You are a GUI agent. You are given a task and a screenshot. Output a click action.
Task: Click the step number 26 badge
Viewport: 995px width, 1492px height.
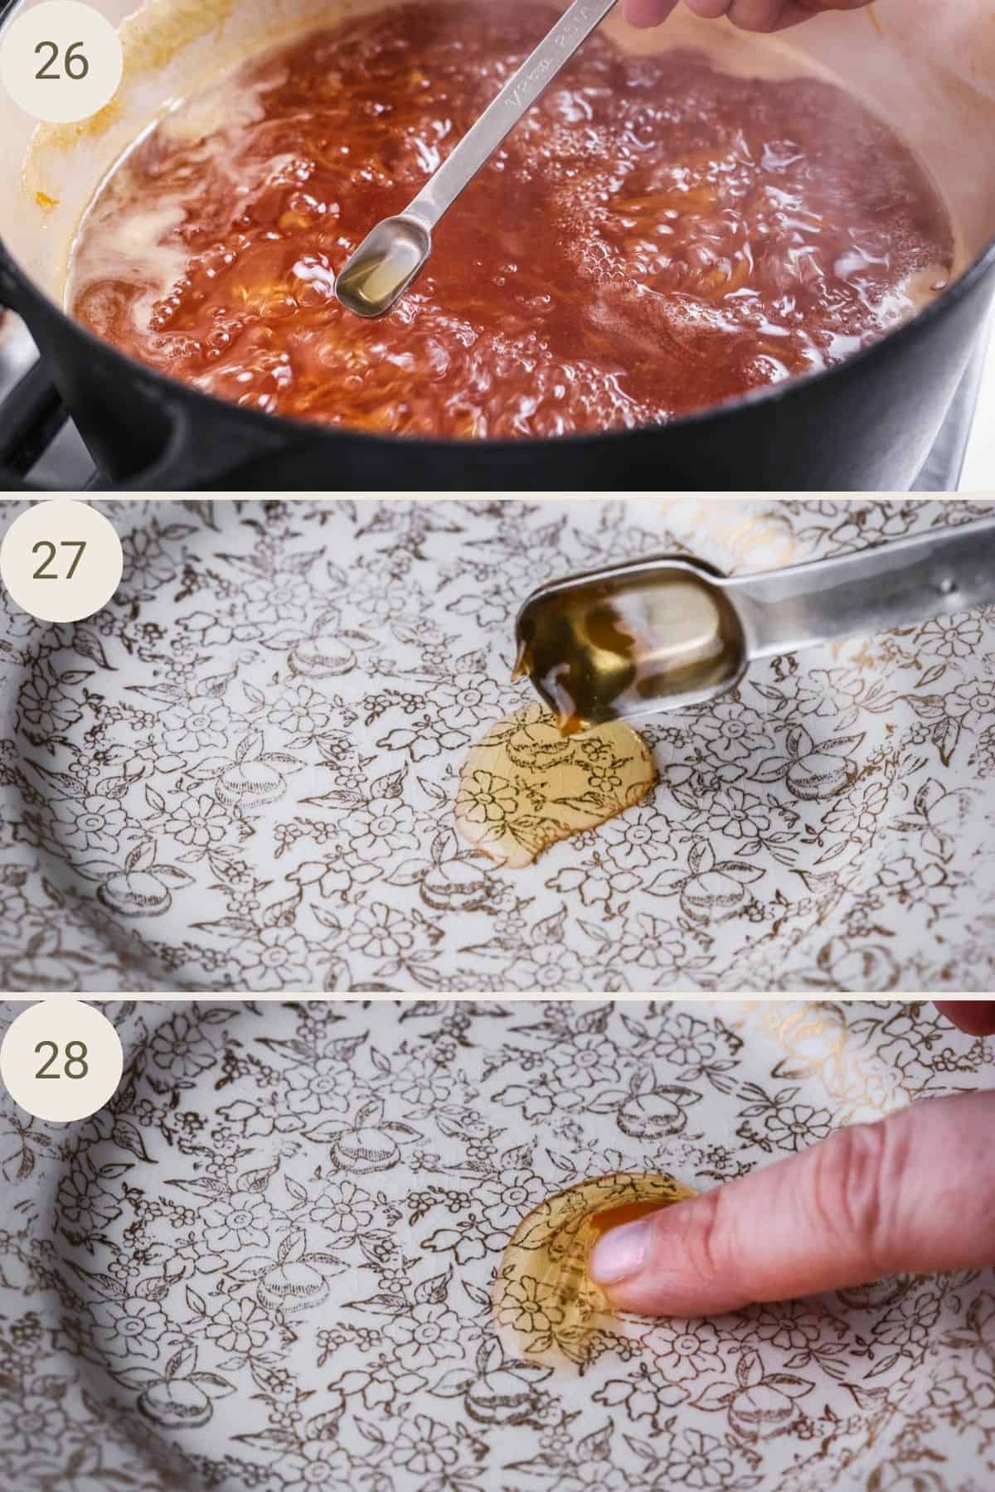[x=62, y=62]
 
